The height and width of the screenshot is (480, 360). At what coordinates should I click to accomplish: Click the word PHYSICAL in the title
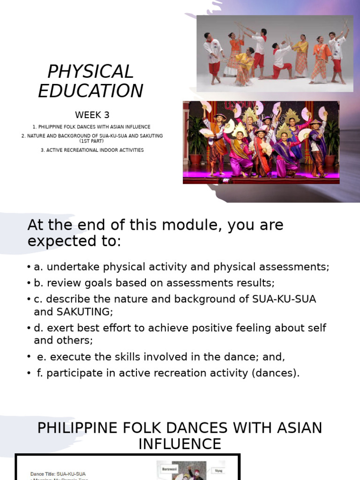point(90,72)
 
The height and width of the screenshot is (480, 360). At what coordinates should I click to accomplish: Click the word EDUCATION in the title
point(90,91)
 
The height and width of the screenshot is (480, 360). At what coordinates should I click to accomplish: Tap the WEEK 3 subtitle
point(92,115)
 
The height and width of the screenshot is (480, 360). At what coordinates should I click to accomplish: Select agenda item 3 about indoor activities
point(92,150)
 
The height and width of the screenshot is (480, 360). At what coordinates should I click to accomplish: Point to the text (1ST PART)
point(92,141)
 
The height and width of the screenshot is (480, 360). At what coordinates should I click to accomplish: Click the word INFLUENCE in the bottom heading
point(180,444)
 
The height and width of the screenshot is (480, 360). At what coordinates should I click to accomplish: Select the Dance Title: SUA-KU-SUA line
point(58,474)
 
